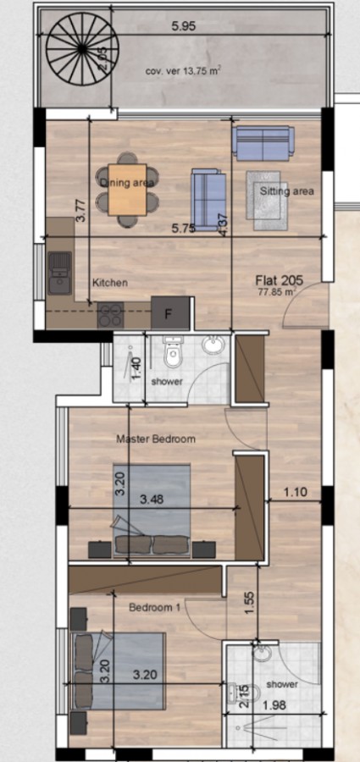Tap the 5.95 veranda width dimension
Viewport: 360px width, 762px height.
(x=183, y=26)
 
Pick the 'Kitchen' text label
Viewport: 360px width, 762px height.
(x=109, y=283)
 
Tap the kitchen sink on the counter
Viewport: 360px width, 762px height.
(x=59, y=273)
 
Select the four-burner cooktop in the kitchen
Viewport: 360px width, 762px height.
(x=112, y=315)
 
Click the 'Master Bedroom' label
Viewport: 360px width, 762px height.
(x=155, y=439)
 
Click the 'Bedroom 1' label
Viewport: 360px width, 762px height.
(x=154, y=607)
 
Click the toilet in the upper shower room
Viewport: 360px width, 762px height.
(x=174, y=355)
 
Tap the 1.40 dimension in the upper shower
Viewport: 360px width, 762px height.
(x=136, y=368)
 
